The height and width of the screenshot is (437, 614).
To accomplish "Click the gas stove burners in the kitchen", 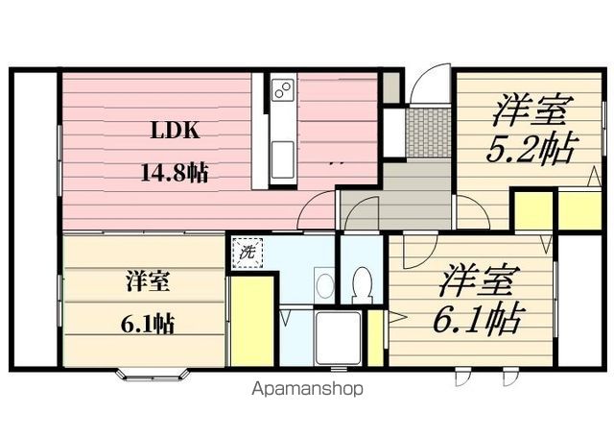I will tap(282, 91).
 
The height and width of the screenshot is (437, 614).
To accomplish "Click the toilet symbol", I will tap(362, 283).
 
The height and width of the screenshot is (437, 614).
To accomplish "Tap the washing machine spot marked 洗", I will tap(247, 255).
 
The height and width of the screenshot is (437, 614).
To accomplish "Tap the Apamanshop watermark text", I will tap(308, 390).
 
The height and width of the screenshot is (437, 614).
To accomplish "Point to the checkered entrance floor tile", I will tap(429, 132).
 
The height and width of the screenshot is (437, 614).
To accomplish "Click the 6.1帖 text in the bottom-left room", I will tap(146, 323).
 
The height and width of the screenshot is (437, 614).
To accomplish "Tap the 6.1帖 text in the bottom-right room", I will tap(482, 316).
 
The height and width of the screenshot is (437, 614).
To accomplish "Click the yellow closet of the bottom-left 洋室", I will tap(252, 321).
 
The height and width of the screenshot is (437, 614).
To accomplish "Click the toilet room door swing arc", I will tap(358, 216).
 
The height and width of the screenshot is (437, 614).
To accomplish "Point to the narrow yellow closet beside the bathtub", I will tap(376, 337).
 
